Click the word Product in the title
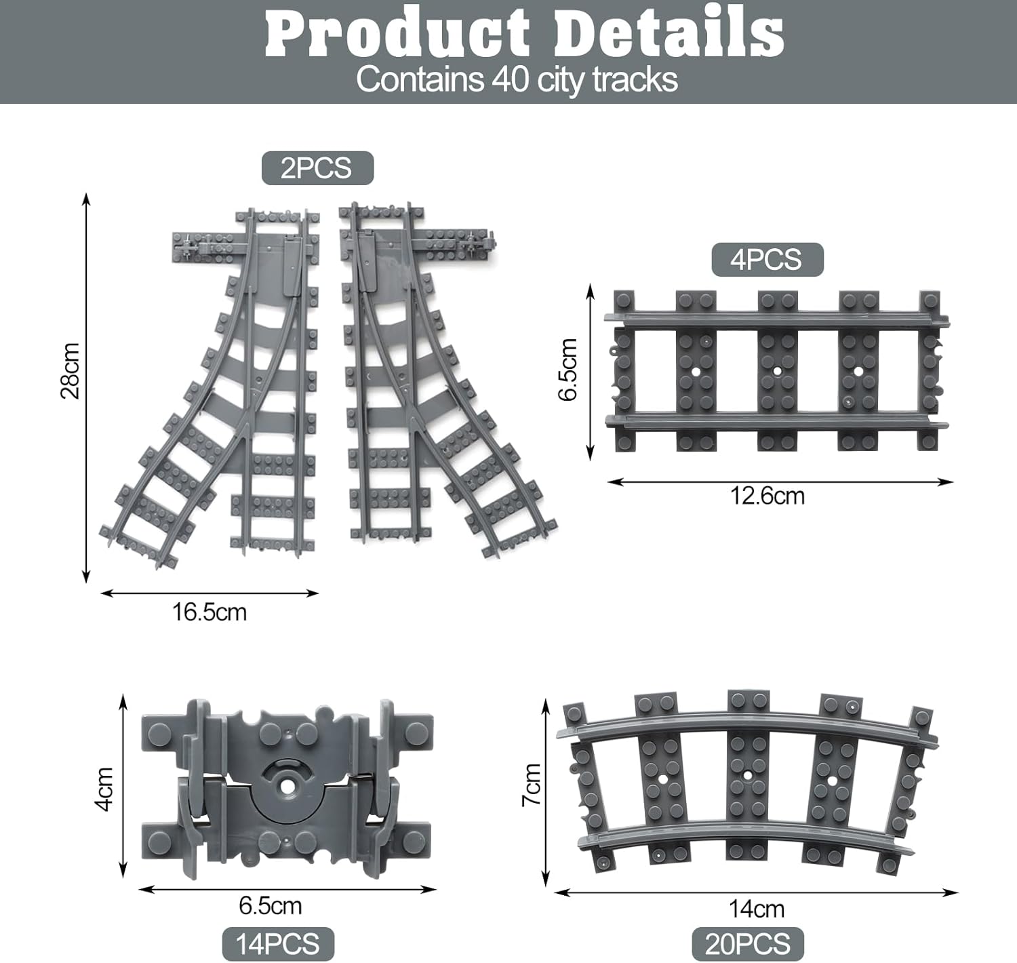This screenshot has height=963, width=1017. point(397,35)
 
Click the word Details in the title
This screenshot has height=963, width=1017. point(671,34)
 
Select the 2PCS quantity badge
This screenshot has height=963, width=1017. point(317,168)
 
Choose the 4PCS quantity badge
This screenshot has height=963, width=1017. point(767,259)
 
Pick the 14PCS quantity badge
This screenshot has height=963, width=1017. point(278,944)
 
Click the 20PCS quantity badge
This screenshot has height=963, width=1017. point(748,944)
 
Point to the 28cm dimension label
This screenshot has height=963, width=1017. point(71,370)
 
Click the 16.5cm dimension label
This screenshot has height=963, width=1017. point(210,612)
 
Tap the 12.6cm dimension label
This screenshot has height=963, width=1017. point(767,496)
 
